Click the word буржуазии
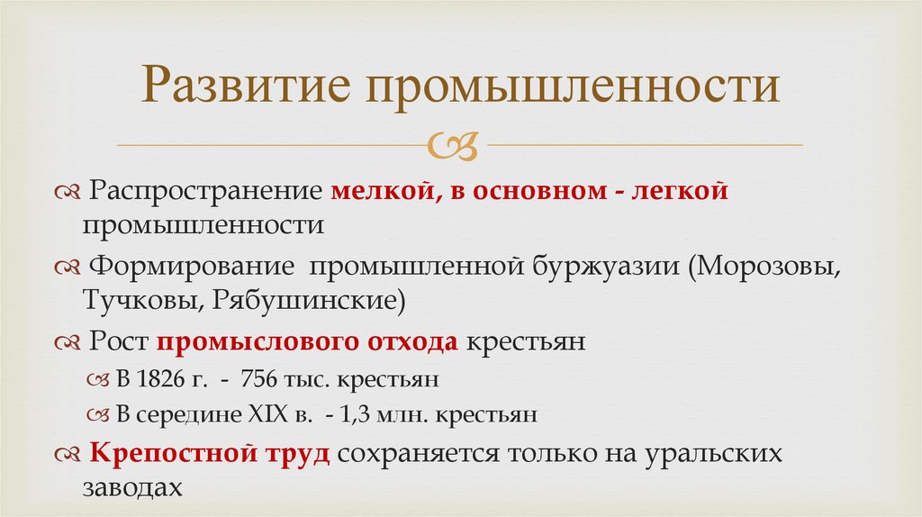pyautogui.click(x=607, y=268)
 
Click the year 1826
pyautogui.click(x=162, y=379)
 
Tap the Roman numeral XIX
pyautogui.click(x=270, y=415)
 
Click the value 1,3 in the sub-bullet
pyautogui.click(x=355, y=415)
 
